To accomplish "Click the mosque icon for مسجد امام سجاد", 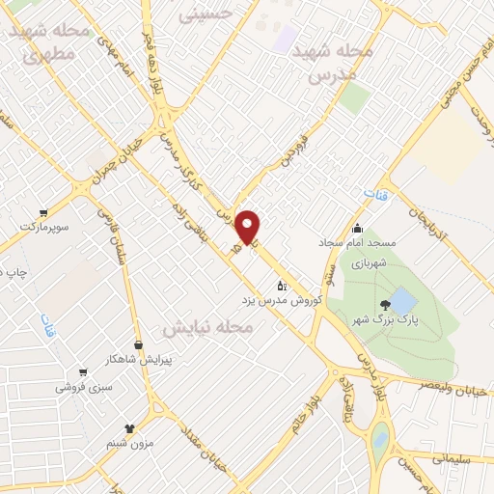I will pyautogui.click(x=358, y=229).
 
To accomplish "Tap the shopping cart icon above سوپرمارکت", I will pyautogui.click(x=43, y=212).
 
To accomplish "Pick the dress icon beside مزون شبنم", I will pyautogui.click(x=131, y=426).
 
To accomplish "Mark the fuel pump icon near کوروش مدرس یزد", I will pyautogui.click(x=282, y=286).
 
